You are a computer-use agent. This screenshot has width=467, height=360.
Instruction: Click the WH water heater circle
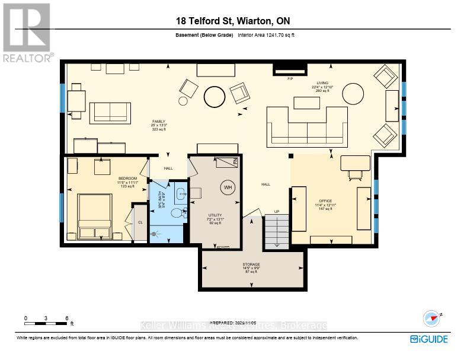pyautogui.click(x=227, y=188)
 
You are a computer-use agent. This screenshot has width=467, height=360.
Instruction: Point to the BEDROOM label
pyautogui.click(x=127, y=179)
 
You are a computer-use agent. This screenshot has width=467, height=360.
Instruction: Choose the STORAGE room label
pyautogui.click(x=251, y=265)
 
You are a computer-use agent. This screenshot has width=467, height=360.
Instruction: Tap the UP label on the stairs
pyautogui.click(x=276, y=211)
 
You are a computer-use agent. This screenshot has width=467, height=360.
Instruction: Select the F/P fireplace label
pyautogui.click(x=290, y=78)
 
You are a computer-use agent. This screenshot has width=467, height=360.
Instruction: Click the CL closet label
pyautogui.click(x=140, y=222)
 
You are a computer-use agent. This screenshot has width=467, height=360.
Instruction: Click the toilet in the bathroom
pyautogui.click(x=177, y=212)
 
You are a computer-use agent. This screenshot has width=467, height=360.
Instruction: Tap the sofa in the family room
pyautogui.click(x=110, y=113)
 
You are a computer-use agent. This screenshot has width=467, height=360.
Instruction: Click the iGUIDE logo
pyautogui.click(x=428, y=339)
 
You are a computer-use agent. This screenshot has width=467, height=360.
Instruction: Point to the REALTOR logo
pyautogui.click(x=26, y=33)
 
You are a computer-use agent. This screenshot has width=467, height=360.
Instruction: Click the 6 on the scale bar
pyautogui.click(x=67, y=318)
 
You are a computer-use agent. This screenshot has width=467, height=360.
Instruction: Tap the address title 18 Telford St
pyautogui.click(x=233, y=21)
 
